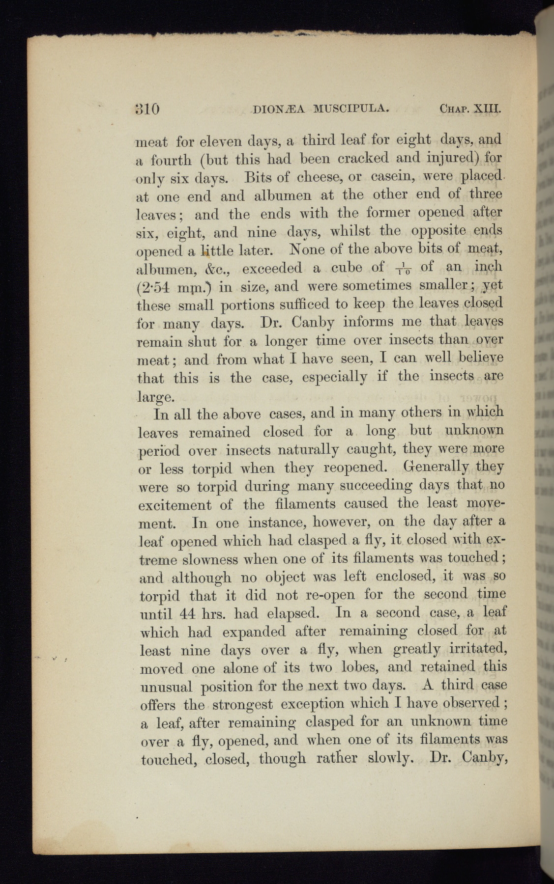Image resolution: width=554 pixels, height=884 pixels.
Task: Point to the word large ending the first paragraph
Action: [x=153, y=396]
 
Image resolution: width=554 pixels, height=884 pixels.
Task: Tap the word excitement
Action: [x=175, y=505]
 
